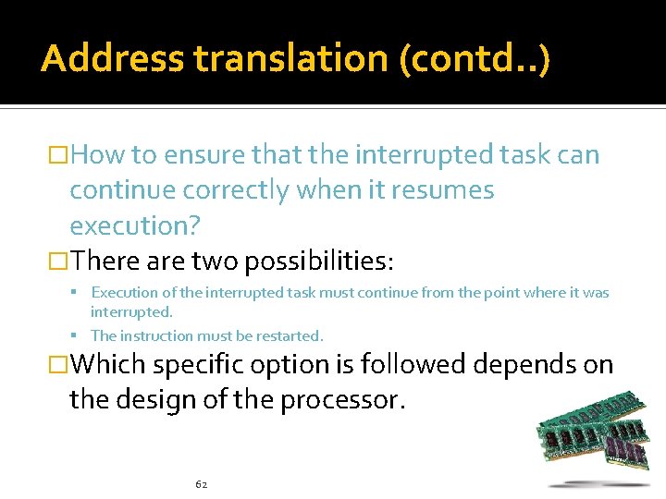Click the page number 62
click(x=202, y=483)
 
